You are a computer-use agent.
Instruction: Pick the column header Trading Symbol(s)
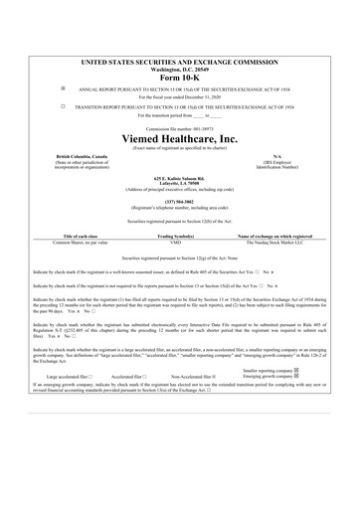click(x=180, y=236)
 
